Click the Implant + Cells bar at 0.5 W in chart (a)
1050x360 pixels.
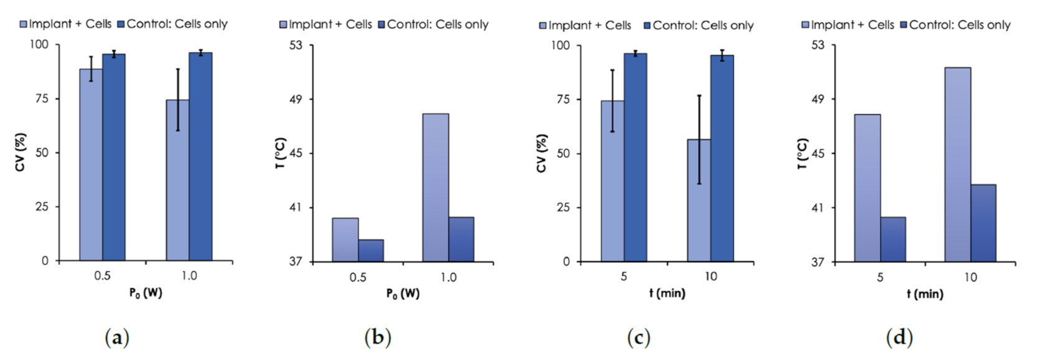[91, 168]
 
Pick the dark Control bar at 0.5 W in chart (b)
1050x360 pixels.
[371, 250]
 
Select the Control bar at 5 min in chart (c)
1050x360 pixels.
[635, 159]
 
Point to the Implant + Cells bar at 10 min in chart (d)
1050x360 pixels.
[957, 165]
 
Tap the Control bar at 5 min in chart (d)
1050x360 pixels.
[892, 240]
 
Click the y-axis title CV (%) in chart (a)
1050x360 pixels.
[21, 152]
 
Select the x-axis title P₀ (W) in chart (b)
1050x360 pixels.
[403, 293]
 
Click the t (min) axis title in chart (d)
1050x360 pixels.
[925, 293]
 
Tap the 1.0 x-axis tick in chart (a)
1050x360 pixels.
[189, 275]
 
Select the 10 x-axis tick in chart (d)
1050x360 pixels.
[970, 277]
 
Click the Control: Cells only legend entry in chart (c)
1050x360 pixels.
[698, 25]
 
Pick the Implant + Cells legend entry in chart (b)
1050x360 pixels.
[325, 24]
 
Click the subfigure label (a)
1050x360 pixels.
[116, 338]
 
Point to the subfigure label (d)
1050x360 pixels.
[899, 338]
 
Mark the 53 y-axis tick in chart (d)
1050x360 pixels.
[818, 45]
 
